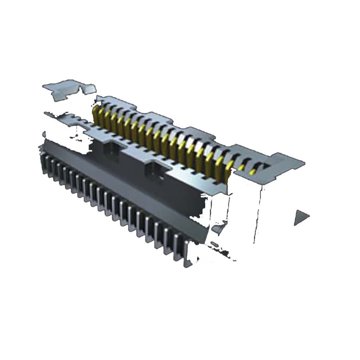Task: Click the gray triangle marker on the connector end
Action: (300, 217)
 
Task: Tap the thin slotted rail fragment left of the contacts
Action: (67, 118)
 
